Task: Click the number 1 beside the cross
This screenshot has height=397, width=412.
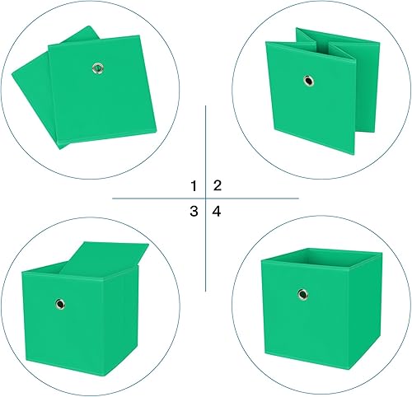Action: pos(194,185)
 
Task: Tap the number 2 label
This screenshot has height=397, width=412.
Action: pos(218,185)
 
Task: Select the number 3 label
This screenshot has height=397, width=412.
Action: pos(194,212)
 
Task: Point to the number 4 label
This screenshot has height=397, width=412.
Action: pos(217,212)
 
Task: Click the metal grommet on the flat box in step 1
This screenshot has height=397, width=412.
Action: pos(98,67)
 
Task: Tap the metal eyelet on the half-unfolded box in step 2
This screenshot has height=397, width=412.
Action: pos(308,81)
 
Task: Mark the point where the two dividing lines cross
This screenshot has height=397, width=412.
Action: pos(205,198)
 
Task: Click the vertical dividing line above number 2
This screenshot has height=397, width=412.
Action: pos(205,140)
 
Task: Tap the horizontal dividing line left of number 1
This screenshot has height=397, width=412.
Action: pos(148,198)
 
